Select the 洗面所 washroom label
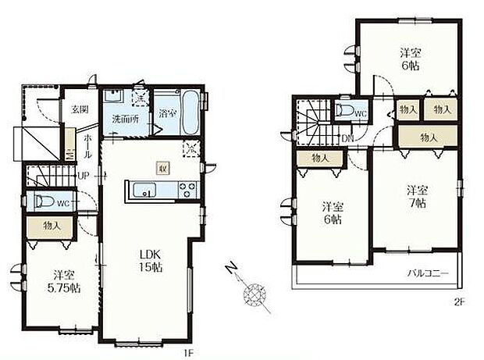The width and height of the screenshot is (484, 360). click(x=124, y=119)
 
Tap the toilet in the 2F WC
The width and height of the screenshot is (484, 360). click(x=347, y=111)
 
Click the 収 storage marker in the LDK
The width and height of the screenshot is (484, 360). click(x=162, y=168)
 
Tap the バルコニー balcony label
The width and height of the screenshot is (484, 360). click(x=425, y=274)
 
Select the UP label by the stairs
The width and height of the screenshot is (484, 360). click(x=82, y=174)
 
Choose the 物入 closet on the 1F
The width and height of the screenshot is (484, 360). click(x=52, y=227)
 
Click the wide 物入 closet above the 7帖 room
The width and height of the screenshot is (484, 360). click(x=428, y=137)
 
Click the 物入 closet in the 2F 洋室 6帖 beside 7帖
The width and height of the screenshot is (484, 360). click(x=318, y=159)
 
